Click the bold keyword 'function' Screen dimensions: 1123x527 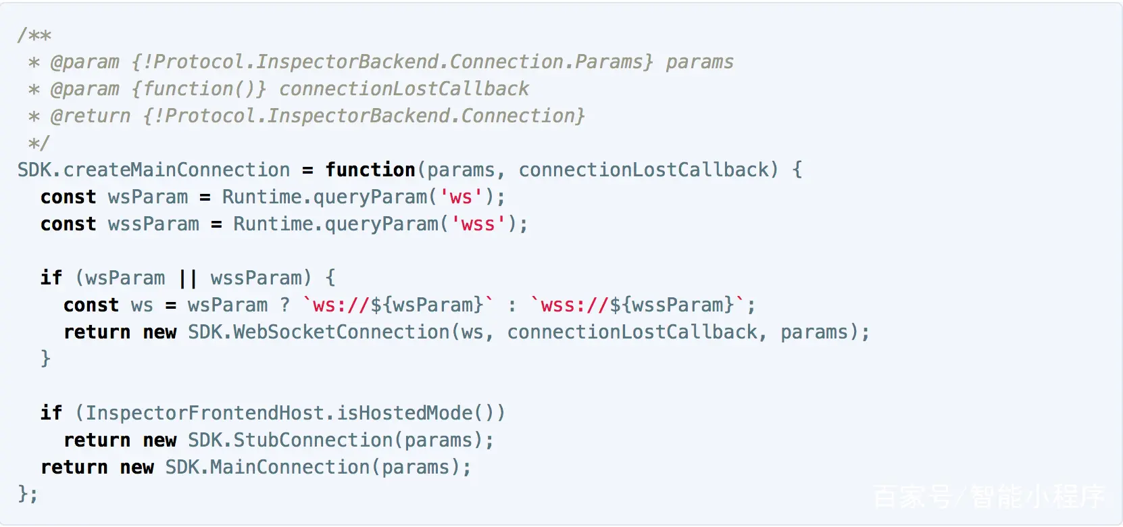(370, 170)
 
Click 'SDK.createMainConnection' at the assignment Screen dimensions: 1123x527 (153, 170)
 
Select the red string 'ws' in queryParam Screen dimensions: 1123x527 (461, 197)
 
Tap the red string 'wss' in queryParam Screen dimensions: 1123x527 (478, 224)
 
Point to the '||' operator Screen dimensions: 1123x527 (188, 278)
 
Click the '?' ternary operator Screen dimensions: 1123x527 (284, 305)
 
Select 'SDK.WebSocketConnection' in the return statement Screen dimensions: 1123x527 (318, 332)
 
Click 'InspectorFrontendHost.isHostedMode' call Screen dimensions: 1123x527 (279, 413)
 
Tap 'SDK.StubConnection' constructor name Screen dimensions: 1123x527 (290, 440)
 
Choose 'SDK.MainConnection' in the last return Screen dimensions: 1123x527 (268, 467)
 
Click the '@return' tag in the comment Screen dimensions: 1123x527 (91, 116)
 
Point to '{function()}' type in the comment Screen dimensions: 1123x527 (199, 89)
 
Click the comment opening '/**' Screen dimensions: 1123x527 (34, 35)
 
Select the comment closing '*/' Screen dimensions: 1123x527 (39, 143)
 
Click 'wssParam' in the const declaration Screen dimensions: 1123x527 (153, 224)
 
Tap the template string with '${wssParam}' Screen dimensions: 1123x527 (638, 305)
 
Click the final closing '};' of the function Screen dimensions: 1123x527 (28, 494)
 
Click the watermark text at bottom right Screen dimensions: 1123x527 (989, 497)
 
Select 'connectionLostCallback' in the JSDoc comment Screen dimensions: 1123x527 (404, 89)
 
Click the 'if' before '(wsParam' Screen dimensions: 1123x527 (51, 278)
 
